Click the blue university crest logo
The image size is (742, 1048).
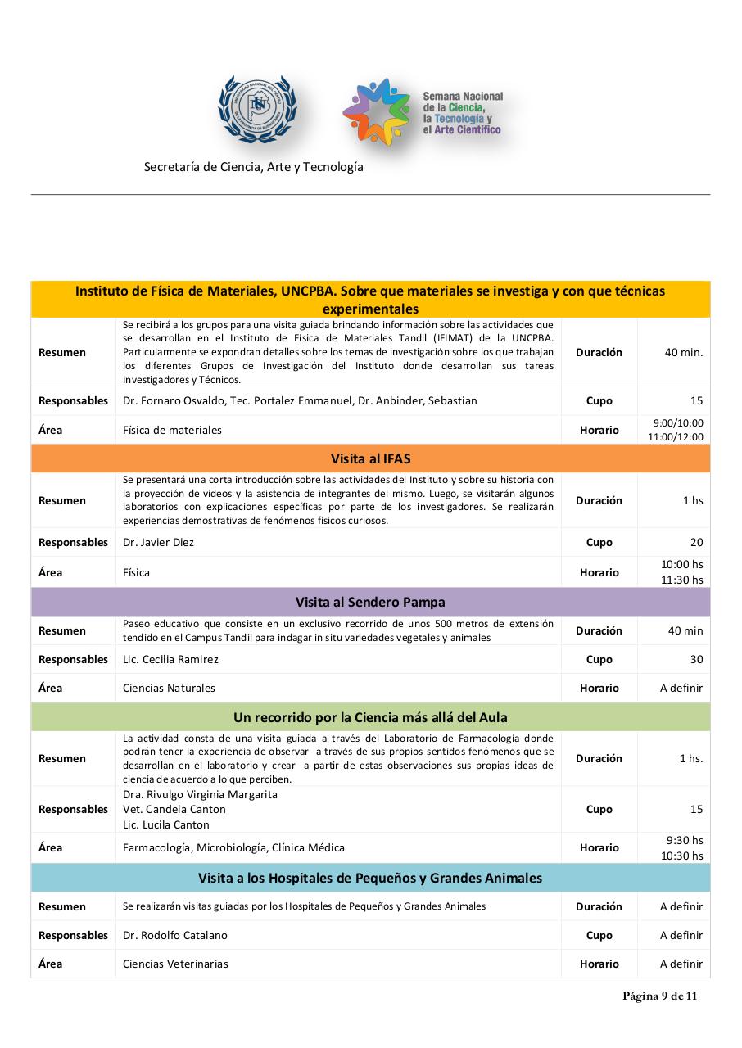click(257, 109)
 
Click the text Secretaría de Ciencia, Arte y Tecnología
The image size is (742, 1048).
click(253, 167)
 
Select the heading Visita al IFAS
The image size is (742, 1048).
click(370, 458)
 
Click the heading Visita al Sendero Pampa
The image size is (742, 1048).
click(370, 602)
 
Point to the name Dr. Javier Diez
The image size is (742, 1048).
click(158, 542)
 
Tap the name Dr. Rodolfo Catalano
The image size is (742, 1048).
click(175, 935)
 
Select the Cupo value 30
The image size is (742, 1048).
click(696, 659)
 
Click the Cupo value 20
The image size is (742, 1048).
click(696, 542)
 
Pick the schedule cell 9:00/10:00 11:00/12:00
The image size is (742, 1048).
click(675, 430)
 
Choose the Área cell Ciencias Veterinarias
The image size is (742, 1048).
click(175, 964)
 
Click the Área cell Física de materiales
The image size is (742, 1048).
click(172, 430)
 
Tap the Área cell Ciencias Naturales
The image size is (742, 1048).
click(169, 688)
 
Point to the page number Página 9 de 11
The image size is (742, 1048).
click(659, 996)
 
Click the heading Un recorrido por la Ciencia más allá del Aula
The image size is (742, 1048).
click(370, 717)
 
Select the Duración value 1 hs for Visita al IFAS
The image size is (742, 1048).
click(693, 500)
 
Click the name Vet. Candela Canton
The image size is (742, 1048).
click(174, 809)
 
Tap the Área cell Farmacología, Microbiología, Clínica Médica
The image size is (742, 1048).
click(233, 847)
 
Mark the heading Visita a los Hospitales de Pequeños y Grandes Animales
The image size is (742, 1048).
click(370, 878)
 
